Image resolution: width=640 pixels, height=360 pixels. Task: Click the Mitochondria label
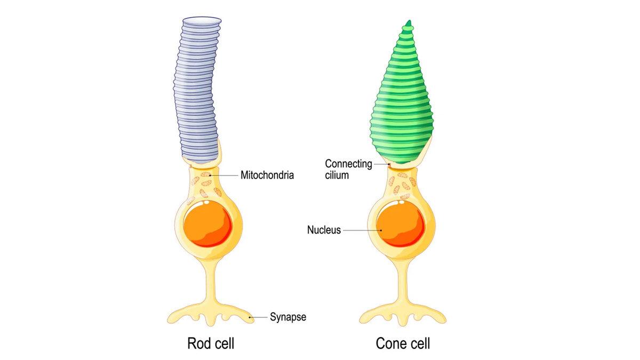(x=267, y=174)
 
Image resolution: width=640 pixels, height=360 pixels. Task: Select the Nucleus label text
(x=324, y=230)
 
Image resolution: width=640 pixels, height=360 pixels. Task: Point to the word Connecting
(x=348, y=164)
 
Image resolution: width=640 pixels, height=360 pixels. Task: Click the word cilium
(x=337, y=174)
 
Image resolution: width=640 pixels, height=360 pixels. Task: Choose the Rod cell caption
(x=211, y=343)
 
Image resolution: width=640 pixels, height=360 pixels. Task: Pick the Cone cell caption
(x=403, y=343)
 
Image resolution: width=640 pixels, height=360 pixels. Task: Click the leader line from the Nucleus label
(x=361, y=230)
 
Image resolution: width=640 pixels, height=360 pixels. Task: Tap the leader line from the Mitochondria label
(x=224, y=174)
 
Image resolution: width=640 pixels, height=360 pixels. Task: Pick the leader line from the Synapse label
(x=259, y=317)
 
